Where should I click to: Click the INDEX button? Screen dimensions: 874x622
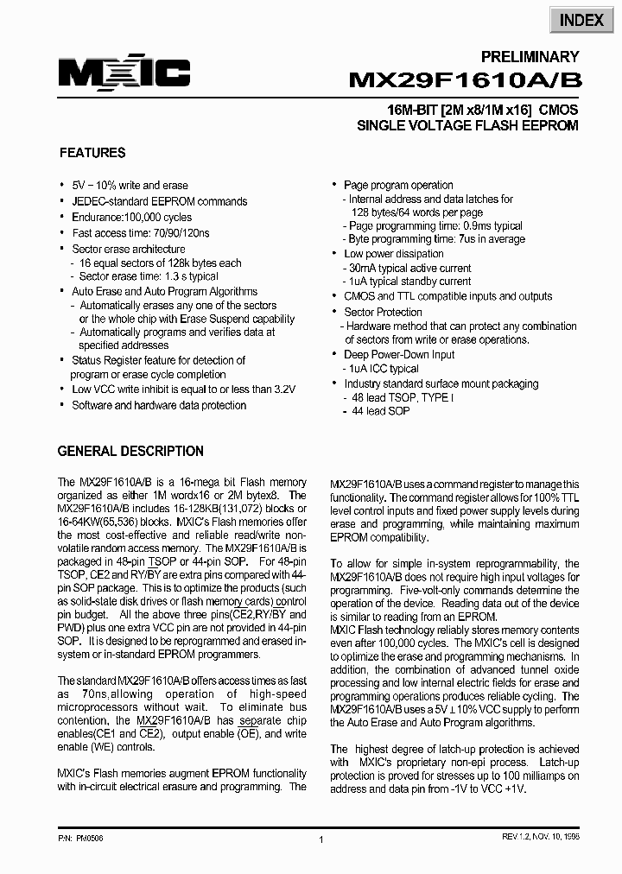coord(581,20)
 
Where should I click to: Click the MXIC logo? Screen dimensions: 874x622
coord(124,73)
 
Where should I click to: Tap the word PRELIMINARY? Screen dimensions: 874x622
coord(530,57)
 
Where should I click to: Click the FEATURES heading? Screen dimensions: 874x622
coord(92,153)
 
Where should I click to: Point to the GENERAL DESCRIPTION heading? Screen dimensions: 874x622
coord(130,451)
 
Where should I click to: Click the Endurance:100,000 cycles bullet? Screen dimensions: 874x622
coord(132,217)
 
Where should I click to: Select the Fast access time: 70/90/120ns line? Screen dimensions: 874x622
coord(141,232)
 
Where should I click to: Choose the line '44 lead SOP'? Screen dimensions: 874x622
coord(380,411)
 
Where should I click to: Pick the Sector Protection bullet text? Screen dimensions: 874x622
coord(384,312)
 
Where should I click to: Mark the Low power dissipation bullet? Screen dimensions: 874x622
coord(394,254)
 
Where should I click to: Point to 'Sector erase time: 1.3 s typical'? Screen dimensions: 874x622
coord(149,276)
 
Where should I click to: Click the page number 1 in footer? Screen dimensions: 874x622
coord(321,839)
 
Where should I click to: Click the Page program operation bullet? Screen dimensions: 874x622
coord(398,185)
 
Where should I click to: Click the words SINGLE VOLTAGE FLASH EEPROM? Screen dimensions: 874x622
coord(467,125)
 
